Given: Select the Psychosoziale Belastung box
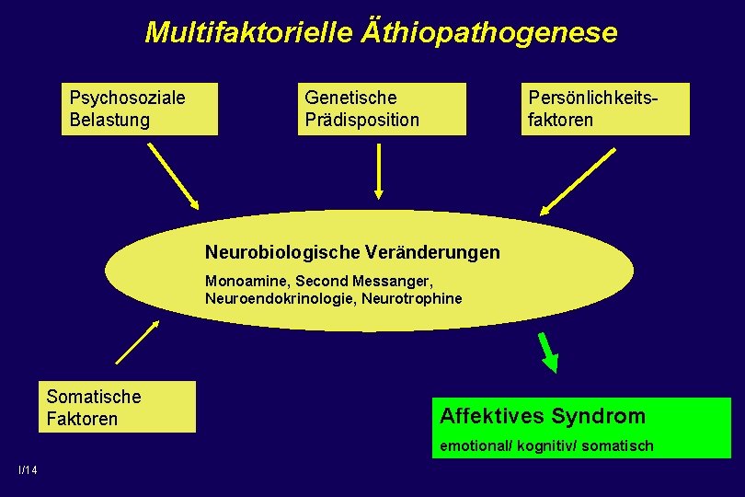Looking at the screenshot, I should coord(140,109).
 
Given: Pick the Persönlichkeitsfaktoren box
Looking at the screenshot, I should coord(604,109).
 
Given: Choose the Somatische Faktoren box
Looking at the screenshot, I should coord(121,407).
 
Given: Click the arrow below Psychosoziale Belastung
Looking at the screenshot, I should coord(174,176).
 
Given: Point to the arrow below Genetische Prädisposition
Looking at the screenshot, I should coord(378,171).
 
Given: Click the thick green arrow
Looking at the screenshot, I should coord(548,353).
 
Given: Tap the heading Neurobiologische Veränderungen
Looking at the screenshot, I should coord(352,252).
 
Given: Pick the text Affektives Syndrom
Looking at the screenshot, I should coord(543,416).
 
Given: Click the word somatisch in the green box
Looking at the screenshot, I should coord(622,445).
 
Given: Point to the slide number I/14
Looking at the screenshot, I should coord(28,471).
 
